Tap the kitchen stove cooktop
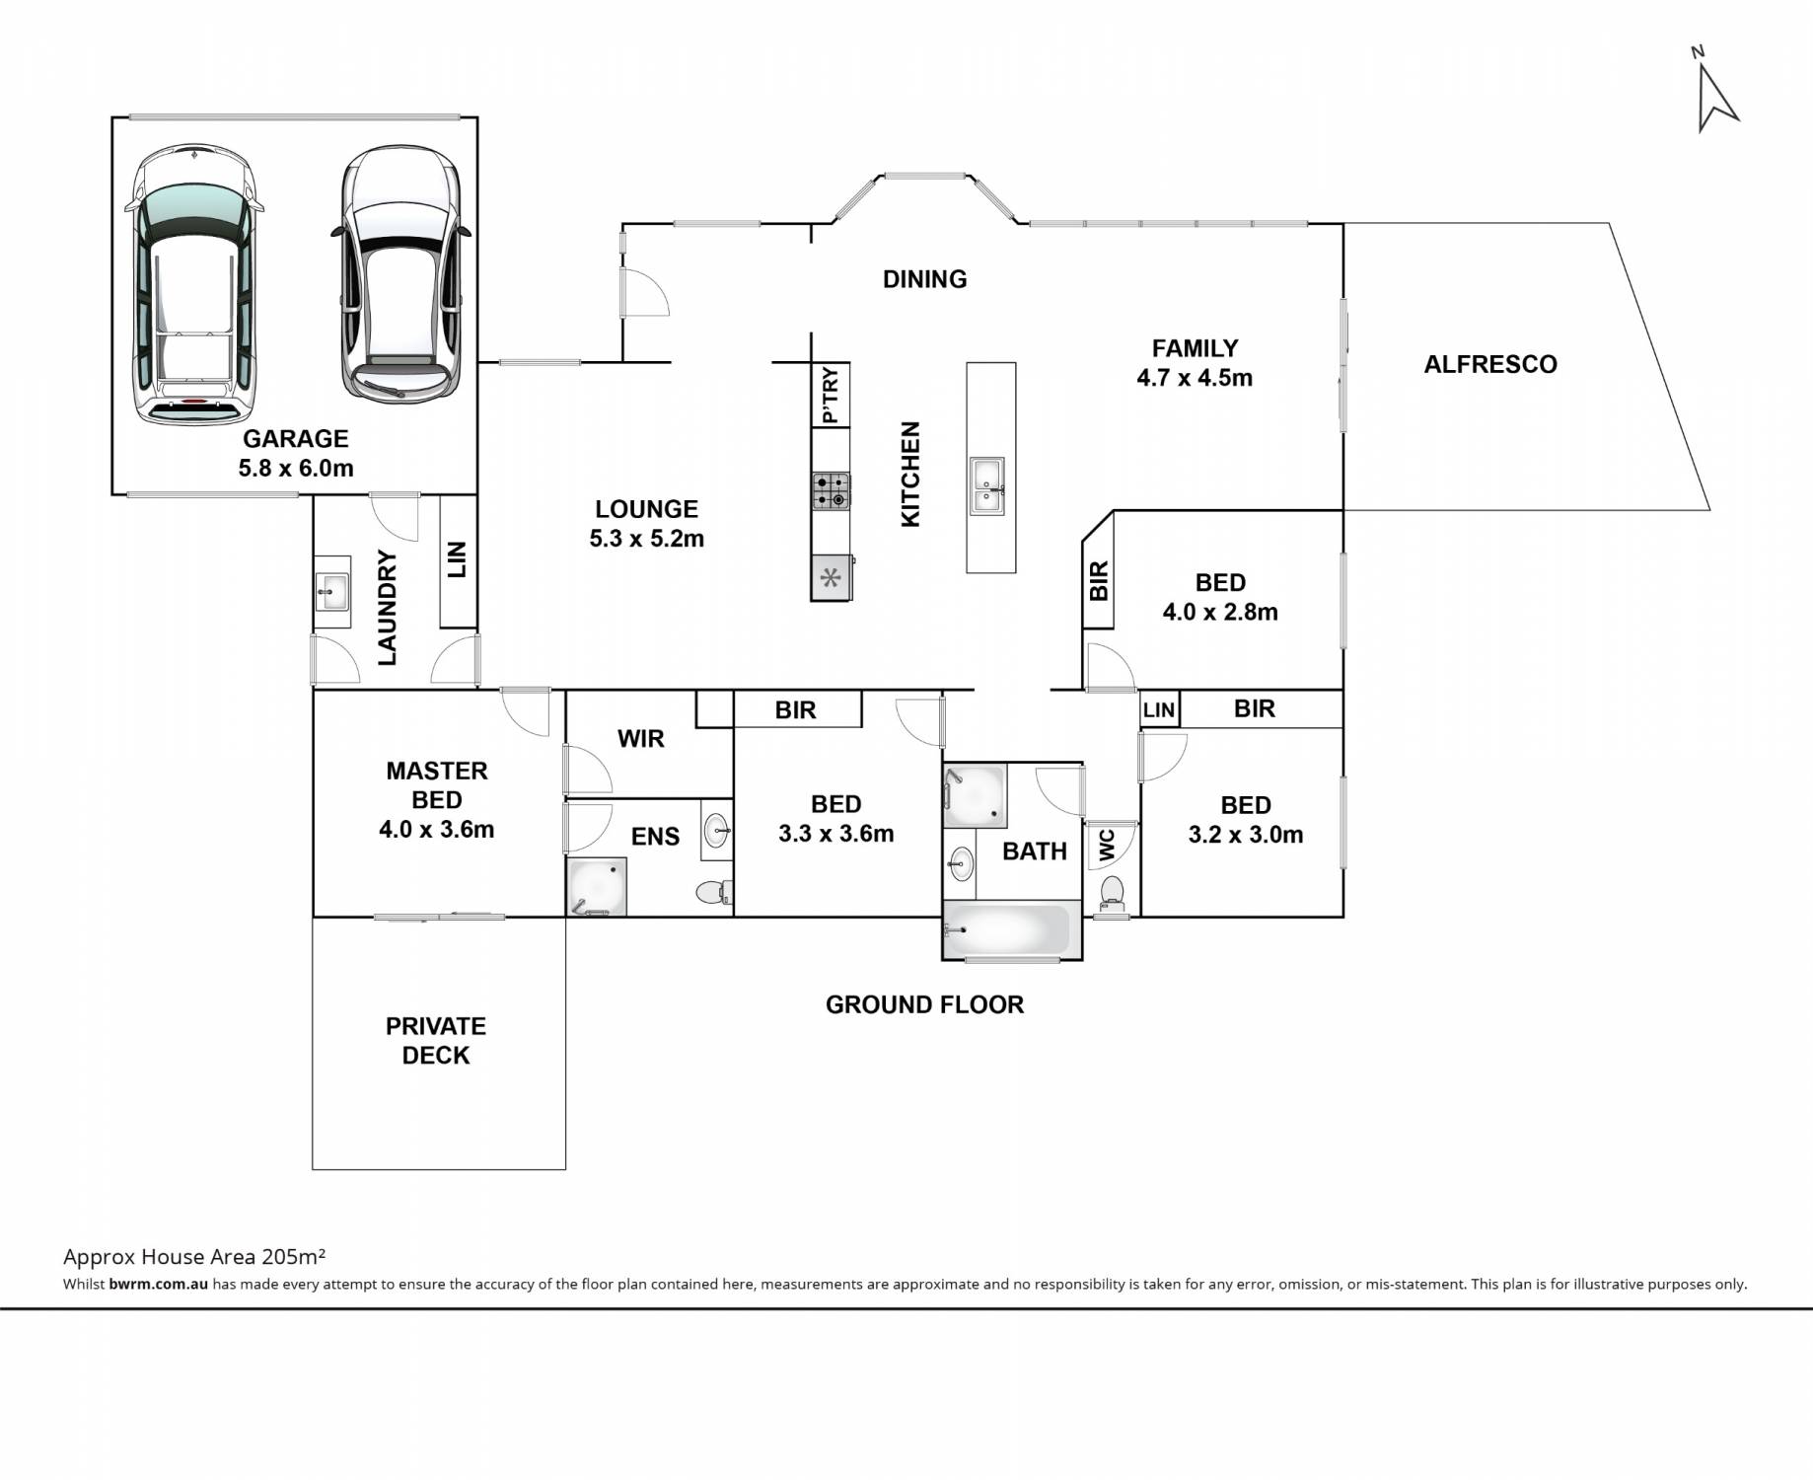click(831, 490)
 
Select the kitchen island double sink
click(986, 485)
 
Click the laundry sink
click(331, 592)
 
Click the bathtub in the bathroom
click(1007, 928)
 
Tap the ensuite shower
click(597, 886)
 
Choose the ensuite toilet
click(712, 892)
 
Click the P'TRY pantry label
click(831, 395)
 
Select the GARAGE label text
click(296, 438)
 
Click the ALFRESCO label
click(1490, 364)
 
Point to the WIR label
click(641, 739)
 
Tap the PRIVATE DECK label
click(436, 1041)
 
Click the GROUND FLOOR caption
click(924, 1004)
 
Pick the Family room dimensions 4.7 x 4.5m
click(1195, 378)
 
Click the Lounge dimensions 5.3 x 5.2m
click(647, 539)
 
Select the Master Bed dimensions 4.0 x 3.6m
click(437, 830)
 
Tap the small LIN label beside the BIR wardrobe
click(1160, 710)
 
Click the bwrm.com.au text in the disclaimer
click(159, 1284)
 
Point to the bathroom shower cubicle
click(976, 795)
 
